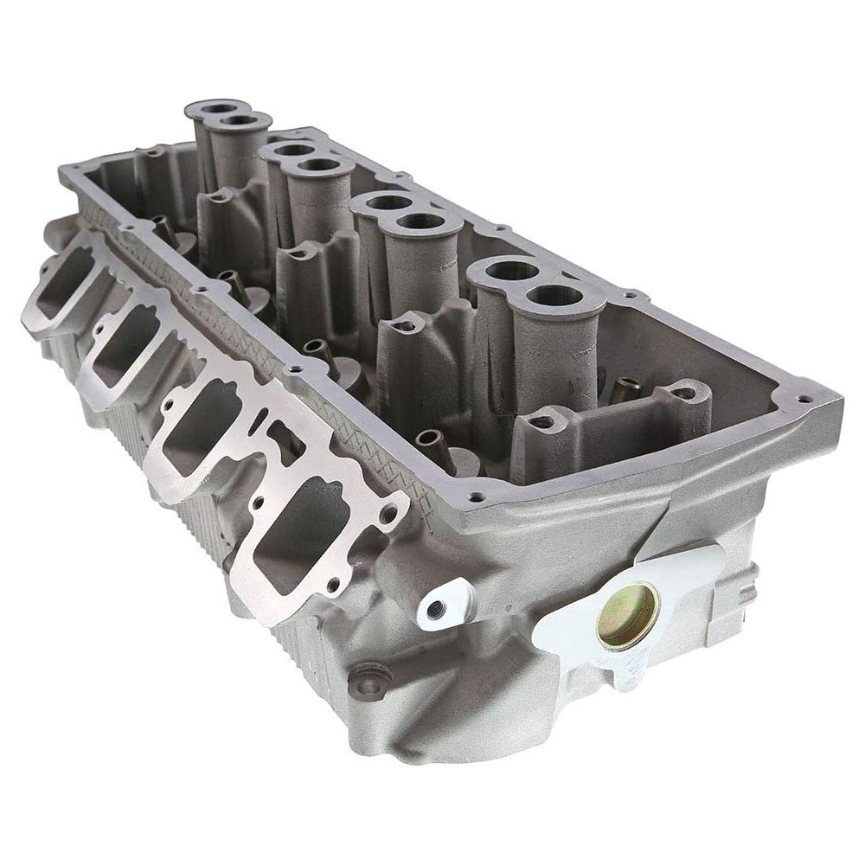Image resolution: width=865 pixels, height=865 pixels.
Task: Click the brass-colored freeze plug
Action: coord(628,616)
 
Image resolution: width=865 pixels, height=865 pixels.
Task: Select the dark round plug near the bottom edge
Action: coord(367,683)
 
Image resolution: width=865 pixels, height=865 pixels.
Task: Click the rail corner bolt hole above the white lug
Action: coord(475,498)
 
